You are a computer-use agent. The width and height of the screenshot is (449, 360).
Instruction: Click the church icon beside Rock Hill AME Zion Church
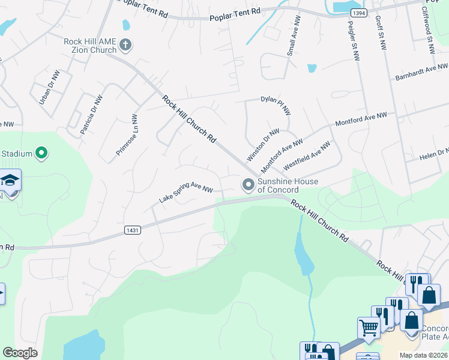point(125,44)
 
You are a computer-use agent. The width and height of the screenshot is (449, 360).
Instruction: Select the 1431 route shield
point(133,230)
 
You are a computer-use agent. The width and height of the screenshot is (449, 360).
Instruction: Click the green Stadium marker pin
point(41,154)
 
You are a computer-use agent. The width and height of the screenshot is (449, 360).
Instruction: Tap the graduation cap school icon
point(10,181)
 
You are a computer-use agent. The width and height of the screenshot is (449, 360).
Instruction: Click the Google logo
point(20,353)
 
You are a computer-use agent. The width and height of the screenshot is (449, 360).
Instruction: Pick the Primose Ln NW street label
point(127,139)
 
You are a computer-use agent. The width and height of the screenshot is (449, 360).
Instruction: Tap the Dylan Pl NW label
point(276,106)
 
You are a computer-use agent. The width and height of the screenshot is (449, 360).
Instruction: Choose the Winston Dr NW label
point(263,145)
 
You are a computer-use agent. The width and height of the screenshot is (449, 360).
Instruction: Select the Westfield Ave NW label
point(307,155)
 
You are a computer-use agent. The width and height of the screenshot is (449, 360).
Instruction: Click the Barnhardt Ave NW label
point(421,73)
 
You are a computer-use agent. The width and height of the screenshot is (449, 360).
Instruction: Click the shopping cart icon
point(367,328)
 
